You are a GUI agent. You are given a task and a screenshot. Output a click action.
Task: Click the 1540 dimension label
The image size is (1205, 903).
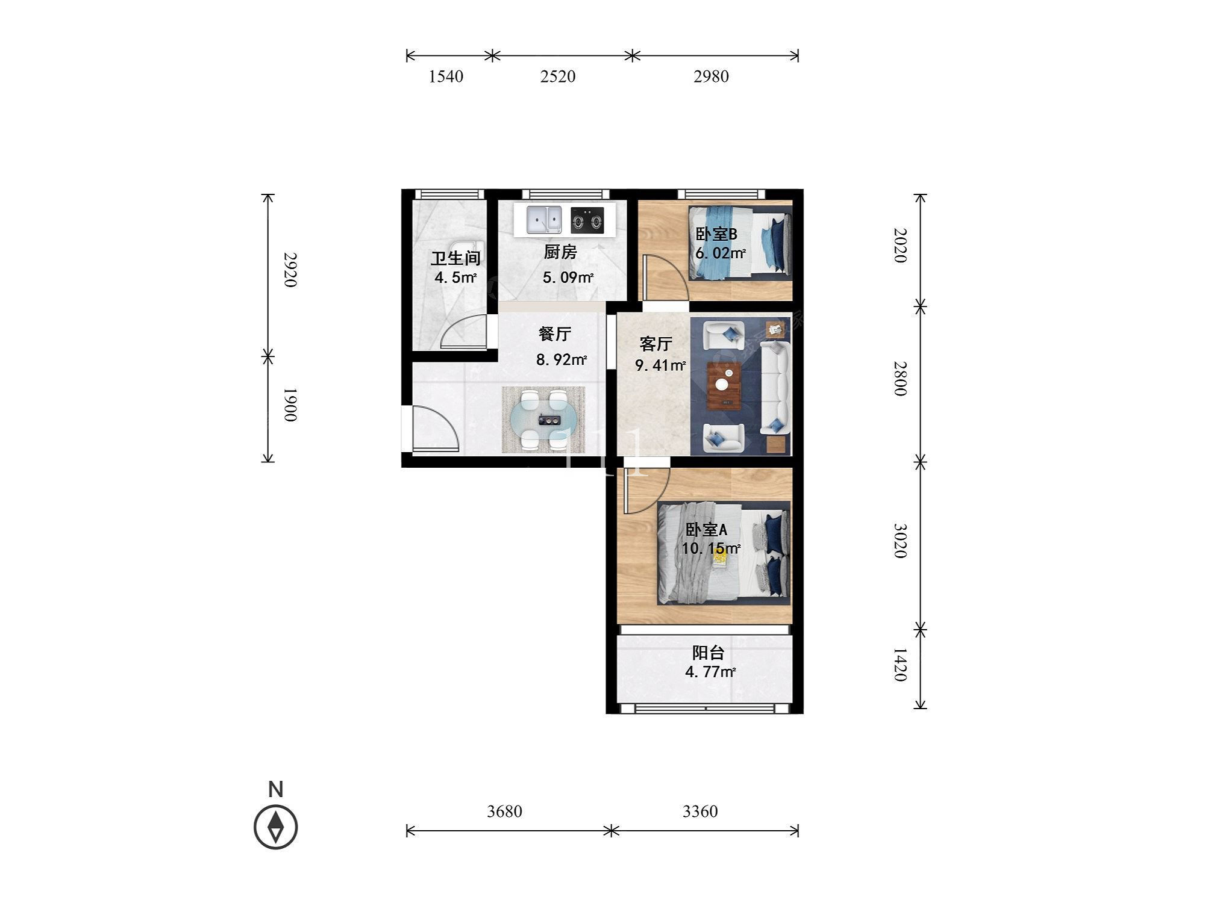tap(446, 76)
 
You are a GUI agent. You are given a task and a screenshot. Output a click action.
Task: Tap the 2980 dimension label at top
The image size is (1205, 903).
tap(711, 76)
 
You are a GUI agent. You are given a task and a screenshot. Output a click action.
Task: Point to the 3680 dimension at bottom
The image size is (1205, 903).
tap(504, 811)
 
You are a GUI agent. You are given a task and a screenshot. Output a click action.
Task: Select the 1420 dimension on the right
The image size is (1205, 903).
tap(900, 665)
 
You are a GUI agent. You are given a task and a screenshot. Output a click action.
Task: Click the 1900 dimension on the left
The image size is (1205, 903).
tap(290, 405)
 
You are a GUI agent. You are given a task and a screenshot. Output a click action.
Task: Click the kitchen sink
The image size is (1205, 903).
tap(544, 220)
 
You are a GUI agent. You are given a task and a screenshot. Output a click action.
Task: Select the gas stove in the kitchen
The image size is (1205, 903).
tap(587, 220)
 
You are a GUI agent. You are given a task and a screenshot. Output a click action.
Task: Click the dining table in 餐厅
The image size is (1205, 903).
tap(543, 420)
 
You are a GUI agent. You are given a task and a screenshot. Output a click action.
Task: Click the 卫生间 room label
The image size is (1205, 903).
tap(455, 258)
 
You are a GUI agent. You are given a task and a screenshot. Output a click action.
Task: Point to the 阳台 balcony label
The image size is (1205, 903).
tap(708, 653)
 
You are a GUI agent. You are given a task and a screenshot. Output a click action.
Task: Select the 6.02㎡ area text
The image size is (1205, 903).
tap(721, 253)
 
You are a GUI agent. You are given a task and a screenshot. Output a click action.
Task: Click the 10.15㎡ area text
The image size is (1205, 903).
tap(711, 548)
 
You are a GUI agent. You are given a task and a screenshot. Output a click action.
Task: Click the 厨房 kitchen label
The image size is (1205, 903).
tap(560, 252)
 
